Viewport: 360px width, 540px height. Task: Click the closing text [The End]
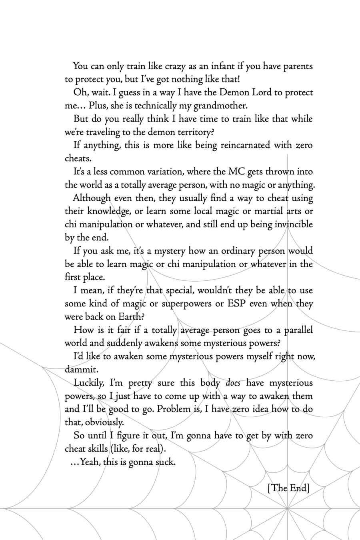(x=288, y=488)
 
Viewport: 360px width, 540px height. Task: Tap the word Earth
(x=130, y=317)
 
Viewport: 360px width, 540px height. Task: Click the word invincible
(x=294, y=225)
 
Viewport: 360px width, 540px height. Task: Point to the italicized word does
(x=233, y=383)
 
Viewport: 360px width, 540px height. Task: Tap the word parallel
(x=298, y=330)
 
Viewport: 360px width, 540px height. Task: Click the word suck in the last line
(x=165, y=462)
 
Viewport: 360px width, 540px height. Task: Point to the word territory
(x=196, y=132)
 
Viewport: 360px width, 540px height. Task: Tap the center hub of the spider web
(x=287, y=508)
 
